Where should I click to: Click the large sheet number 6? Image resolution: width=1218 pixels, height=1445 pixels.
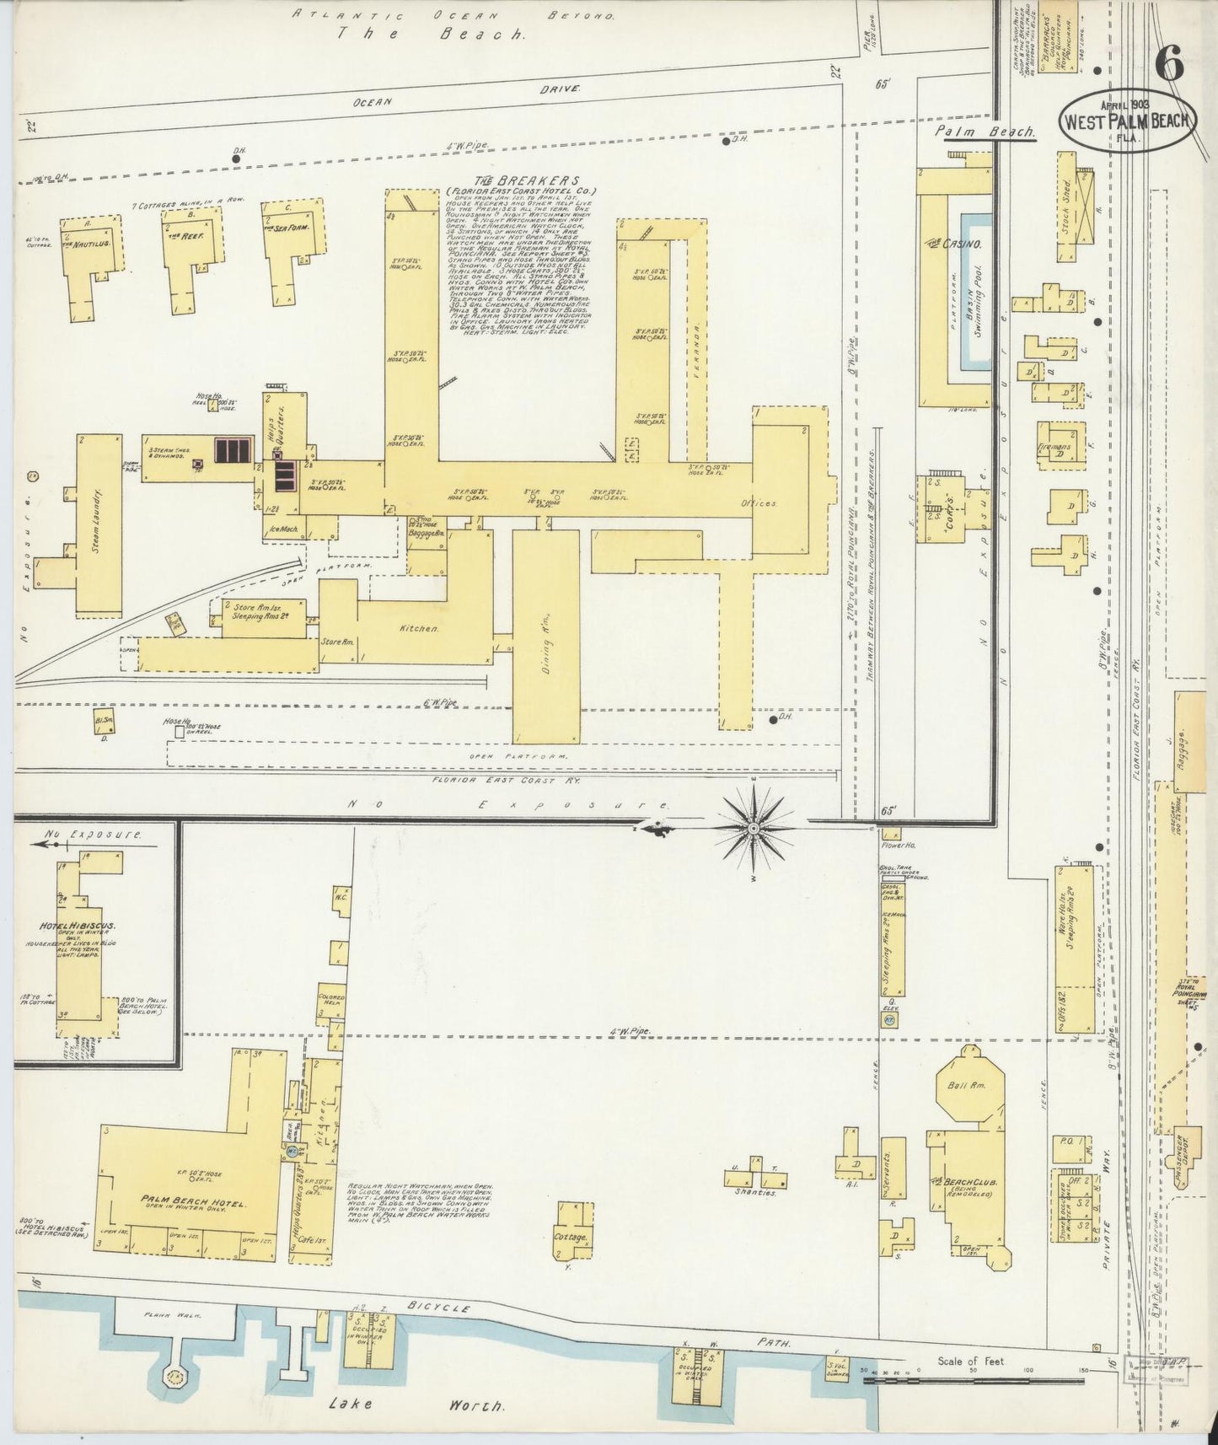tap(1169, 63)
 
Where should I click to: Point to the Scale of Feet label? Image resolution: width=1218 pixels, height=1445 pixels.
tap(970, 1361)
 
